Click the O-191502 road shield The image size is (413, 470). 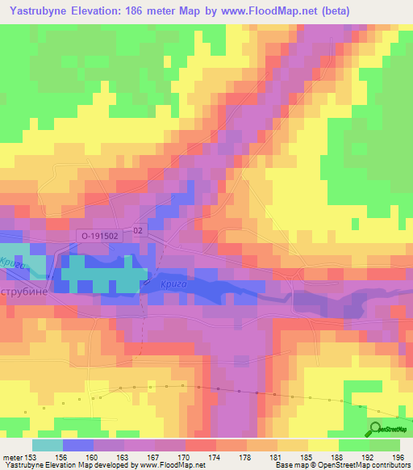pos(101,235)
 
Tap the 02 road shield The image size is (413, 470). pos(139,230)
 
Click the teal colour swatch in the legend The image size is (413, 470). pos(48,445)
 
